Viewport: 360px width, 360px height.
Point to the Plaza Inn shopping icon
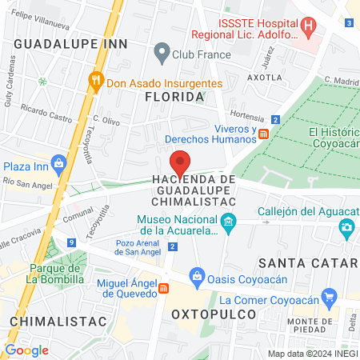tap(58, 166)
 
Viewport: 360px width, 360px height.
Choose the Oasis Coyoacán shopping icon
tap(198, 276)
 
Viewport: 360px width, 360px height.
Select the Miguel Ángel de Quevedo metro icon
tap(163, 288)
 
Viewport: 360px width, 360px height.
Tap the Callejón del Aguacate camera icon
tap(346, 227)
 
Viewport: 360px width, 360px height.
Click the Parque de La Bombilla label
tap(54, 274)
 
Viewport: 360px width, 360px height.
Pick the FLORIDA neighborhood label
tap(174, 97)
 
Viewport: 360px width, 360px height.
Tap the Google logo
tap(26, 350)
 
